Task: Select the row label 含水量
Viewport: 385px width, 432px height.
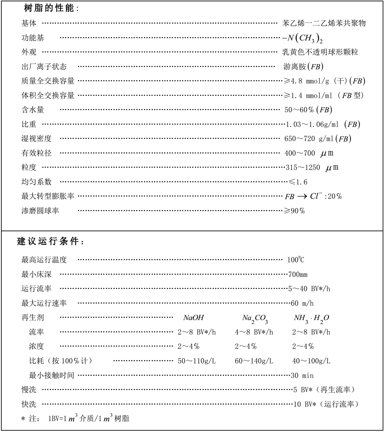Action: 32,110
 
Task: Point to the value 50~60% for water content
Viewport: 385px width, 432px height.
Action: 308,110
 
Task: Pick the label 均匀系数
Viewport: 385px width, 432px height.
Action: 36,182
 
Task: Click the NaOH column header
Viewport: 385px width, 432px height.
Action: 193,318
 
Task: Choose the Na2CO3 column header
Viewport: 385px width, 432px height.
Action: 255,319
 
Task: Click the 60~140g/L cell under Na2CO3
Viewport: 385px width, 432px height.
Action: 254,361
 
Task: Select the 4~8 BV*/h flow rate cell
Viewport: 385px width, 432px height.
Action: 254,332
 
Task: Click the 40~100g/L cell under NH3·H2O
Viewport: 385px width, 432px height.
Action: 311,361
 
